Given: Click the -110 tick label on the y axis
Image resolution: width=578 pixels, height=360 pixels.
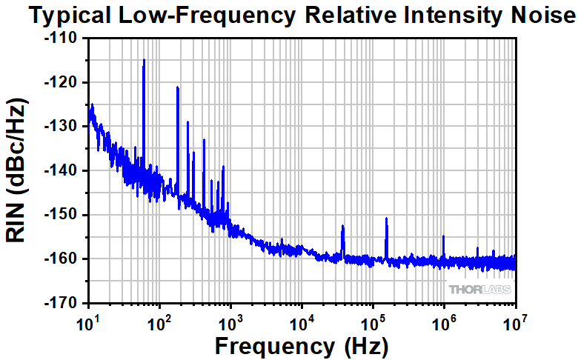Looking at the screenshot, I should click(x=64, y=39).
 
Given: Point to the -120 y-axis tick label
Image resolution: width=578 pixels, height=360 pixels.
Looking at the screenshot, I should click(x=64, y=82).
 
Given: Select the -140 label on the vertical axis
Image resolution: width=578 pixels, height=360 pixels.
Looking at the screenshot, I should click(x=64, y=170).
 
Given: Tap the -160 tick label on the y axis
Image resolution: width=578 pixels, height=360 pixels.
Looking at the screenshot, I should click(x=64, y=259).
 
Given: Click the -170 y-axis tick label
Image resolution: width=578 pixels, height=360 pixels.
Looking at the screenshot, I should click(x=64, y=303).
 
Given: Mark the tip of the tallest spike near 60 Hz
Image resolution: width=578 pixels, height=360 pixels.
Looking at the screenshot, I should click(x=144, y=59).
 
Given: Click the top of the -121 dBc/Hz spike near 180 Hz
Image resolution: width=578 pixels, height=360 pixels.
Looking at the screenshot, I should click(x=178, y=87).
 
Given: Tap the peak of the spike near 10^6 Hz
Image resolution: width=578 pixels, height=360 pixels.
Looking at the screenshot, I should click(x=443, y=236).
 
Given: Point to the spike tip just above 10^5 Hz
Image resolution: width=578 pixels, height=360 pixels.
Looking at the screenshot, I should click(x=386, y=219).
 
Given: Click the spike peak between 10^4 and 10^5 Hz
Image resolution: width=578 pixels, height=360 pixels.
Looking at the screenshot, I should click(x=342, y=226).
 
